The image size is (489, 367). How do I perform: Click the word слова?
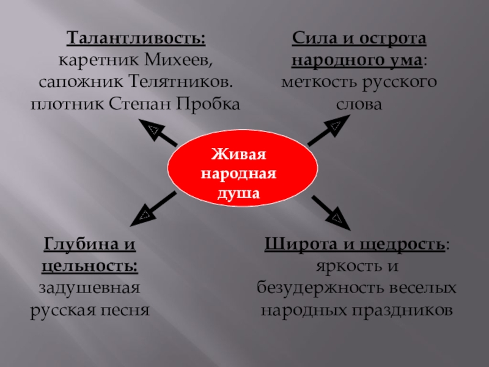(359, 102)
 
